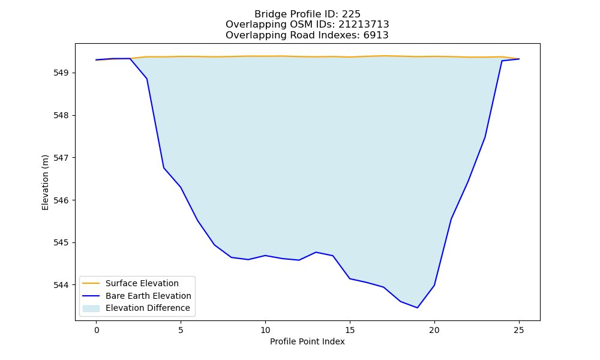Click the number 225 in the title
click(x=351, y=14)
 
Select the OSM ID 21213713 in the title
click(x=364, y=25)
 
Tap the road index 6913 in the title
click(x=376, y=35)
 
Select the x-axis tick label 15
click(x=350, y=330)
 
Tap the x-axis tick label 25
click(x=519, y=330)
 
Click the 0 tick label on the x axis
click(x=97, y=330)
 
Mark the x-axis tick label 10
click(x=265, y=330)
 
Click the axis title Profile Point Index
click(x=307, y=341)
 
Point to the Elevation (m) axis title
click(x=45, y=182)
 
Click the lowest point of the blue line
click(x=417, y=308)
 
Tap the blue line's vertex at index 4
click(x=164, y=168)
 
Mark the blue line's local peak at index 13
click(x=316, y=252)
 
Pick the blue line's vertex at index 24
click(x=502, y=61)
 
